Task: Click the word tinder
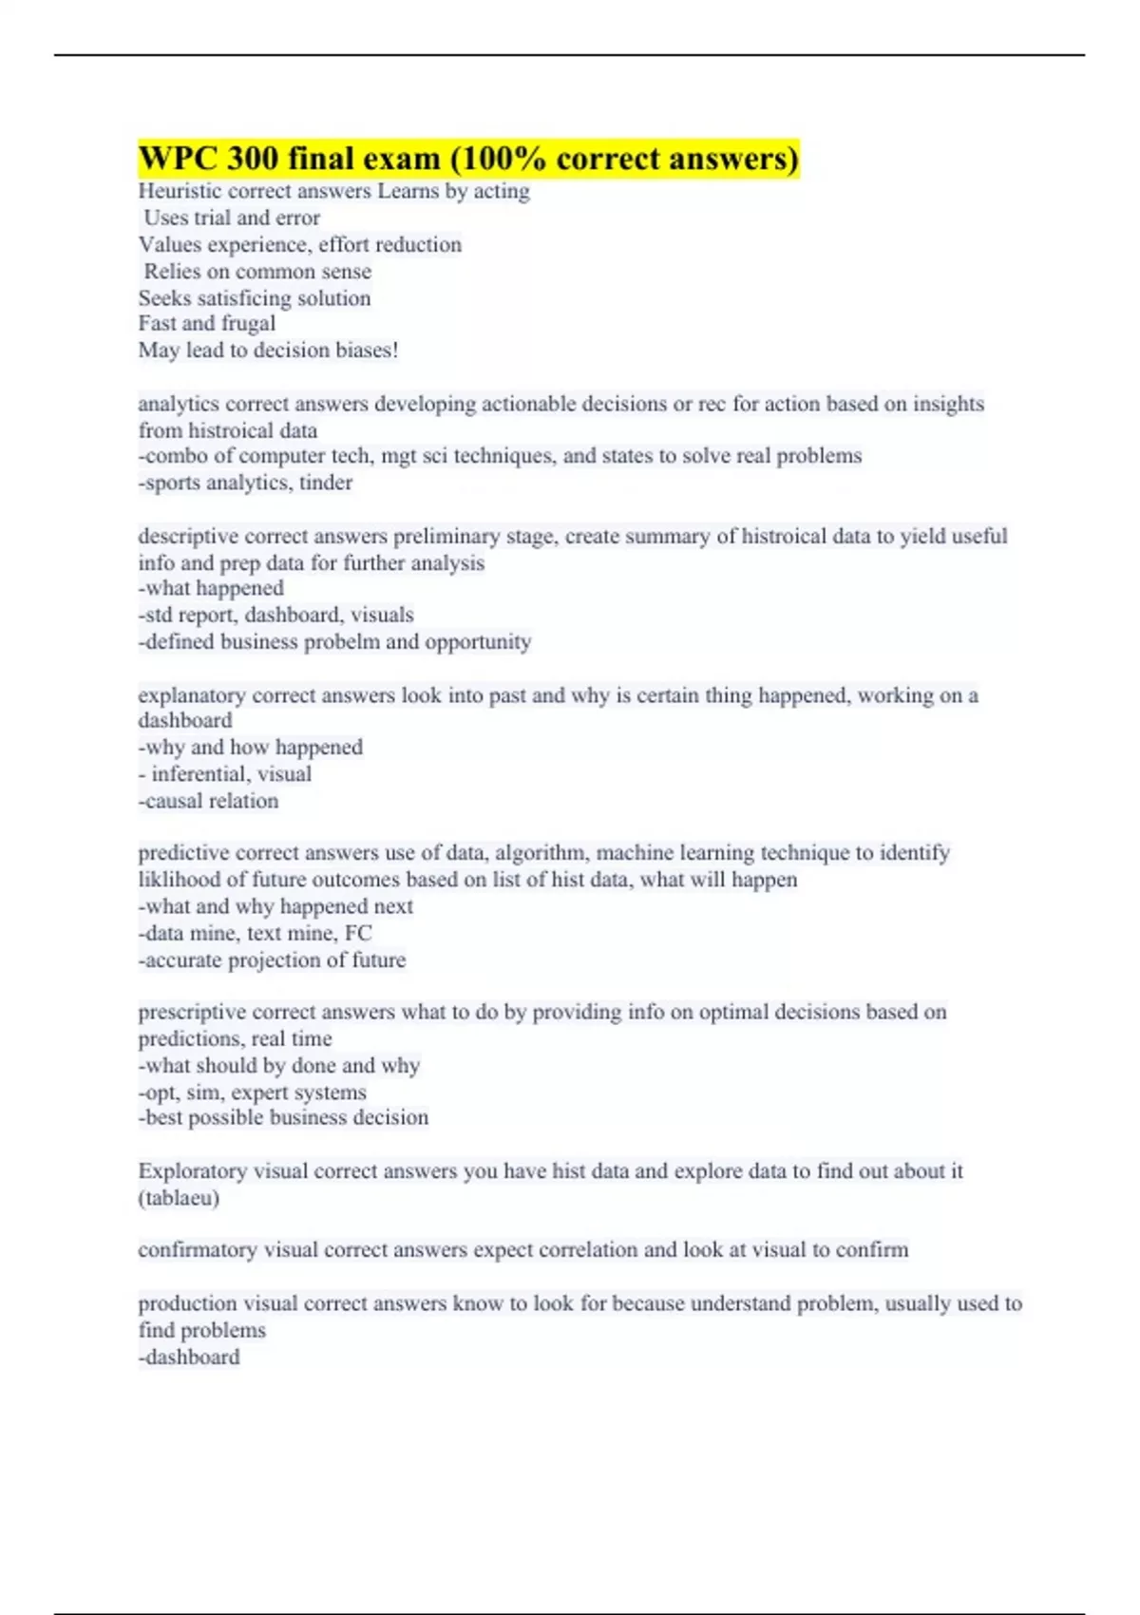326,483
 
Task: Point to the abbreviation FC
358,933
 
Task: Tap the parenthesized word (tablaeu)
179,1198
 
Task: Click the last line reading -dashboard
189,1358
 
